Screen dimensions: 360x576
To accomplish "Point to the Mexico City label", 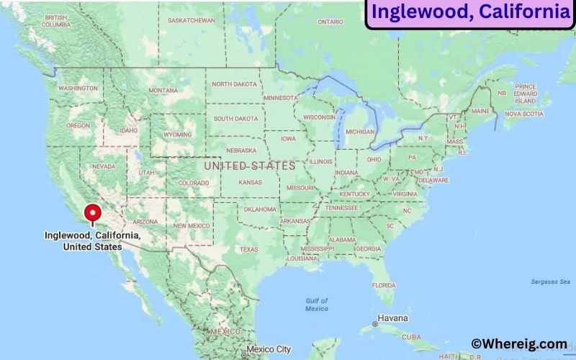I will point(271,350).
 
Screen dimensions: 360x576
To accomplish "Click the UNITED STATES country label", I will point(249,166).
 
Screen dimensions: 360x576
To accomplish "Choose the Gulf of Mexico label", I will point(316,305).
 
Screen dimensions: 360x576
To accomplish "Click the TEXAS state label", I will point(248,250).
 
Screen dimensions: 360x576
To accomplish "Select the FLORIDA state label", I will point(384,285).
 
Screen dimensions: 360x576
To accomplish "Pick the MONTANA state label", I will point(163,91).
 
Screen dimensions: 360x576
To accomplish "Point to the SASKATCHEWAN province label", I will point(191,20).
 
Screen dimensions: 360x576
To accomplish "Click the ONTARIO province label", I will point(330,22).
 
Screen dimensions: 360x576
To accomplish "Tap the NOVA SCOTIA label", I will point(523,114).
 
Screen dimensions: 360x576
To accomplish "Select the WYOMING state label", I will point(178,135).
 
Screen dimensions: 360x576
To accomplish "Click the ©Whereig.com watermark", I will point(518,344).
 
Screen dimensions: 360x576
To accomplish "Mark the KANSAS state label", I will point(250,183).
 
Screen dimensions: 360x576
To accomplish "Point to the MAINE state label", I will point(480,112).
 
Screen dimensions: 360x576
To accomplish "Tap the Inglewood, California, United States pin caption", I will point(92,240).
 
